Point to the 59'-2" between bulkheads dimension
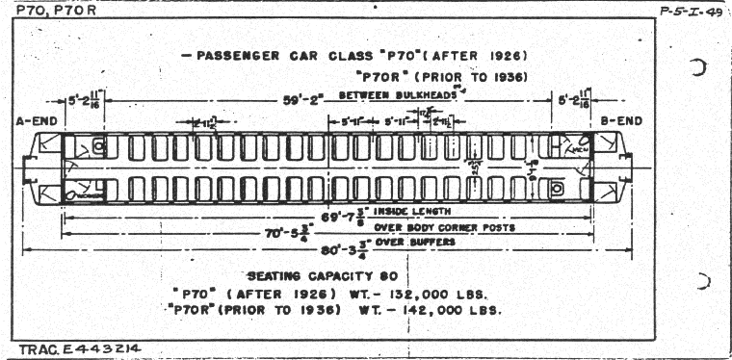tap(307, 97)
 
